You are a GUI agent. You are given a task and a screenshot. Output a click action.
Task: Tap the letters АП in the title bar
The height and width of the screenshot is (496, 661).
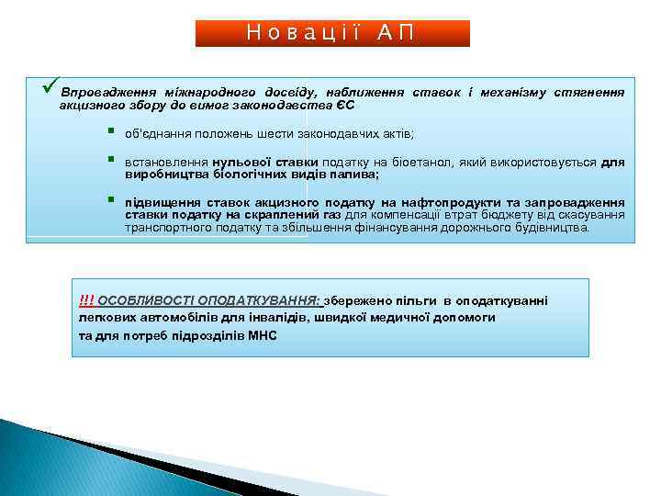396,33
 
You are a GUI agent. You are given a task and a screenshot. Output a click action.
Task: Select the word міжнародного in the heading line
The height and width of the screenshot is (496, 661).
207,93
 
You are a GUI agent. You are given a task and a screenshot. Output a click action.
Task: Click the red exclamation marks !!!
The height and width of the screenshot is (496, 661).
86,300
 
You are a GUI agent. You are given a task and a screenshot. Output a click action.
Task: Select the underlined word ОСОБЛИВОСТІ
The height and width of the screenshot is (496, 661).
141,300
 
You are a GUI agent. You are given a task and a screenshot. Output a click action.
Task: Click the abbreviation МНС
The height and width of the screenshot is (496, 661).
262,335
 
